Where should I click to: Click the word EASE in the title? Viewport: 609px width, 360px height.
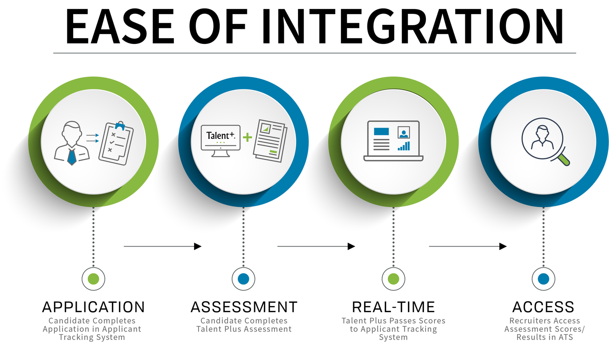coord(120,27)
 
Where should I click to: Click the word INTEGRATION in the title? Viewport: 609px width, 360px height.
coord(412,27)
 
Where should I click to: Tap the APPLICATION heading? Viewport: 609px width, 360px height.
coord(93,307)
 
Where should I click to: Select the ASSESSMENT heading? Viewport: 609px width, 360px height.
coord(244,307)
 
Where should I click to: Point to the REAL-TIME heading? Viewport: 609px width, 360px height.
coord(393,307)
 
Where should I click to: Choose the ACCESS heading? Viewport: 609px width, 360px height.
coord(543,307)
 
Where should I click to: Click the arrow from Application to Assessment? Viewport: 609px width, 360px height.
coord(162,246)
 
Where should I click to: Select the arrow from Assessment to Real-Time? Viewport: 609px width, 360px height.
coord(316,246)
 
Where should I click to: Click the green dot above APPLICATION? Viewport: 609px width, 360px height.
coord(93,279)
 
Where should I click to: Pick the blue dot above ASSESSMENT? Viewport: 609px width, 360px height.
coord(244,279)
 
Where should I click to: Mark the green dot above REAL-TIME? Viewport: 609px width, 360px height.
coord(393,279)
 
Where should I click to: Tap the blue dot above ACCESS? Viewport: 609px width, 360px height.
coord(544,279)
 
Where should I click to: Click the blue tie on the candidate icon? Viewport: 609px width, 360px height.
coord(72,156)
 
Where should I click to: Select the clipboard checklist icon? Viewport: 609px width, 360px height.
coord(116,143)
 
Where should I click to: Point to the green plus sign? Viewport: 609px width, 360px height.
coord(247,137)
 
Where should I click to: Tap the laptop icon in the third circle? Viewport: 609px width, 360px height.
coord(393,141)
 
